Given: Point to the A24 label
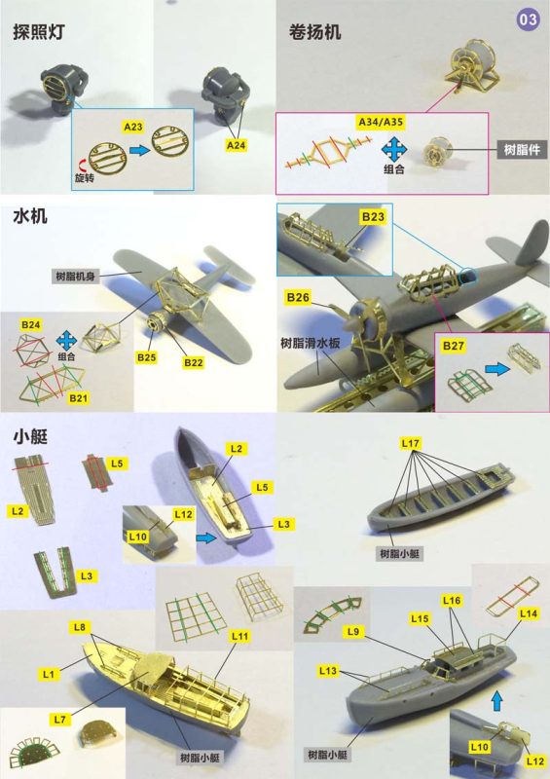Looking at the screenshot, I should (237, 144).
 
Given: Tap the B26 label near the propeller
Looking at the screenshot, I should (298, 295).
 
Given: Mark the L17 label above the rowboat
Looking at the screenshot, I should (410, 444).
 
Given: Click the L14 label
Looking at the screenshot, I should (529, 613).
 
